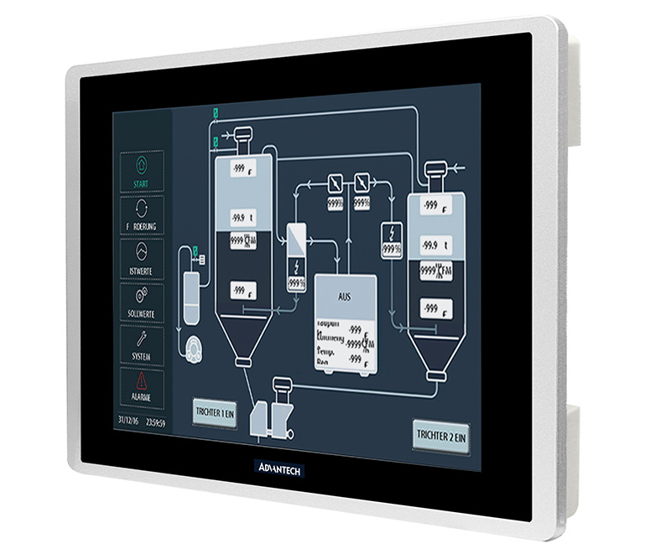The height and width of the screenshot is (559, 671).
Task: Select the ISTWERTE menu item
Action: pos(141,257)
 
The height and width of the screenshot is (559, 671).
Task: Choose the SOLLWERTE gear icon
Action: pos(141,294)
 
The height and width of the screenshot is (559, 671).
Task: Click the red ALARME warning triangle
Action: pos(142,381)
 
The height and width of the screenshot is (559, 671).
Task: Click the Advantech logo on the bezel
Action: pos(278,467)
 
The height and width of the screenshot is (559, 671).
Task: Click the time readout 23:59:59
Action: pos(155,422)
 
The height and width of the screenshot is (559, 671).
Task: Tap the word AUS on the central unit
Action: pos(345,298)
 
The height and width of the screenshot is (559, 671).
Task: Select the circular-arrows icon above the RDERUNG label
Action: pos(141,210)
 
